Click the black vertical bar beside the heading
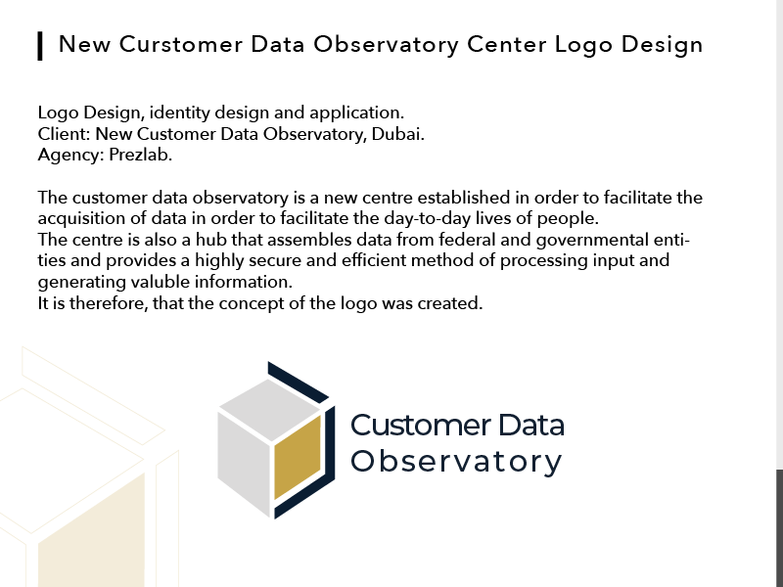pyautogui.click(x=40, y=45)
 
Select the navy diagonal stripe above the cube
pyautogui.click(x=299, y=382)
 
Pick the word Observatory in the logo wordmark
pyautogui.click(x=456, y=462)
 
